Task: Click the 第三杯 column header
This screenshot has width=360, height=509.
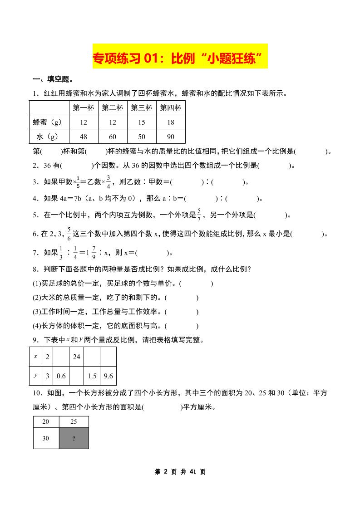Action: coord(142,108)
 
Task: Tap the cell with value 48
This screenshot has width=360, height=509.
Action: coord(84,137)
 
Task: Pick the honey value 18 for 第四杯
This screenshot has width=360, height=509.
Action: coord(171,122)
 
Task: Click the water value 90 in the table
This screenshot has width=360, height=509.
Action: coord(171,137)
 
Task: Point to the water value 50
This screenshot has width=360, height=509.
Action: coord(142,137)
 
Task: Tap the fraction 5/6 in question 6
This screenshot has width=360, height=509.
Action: coord(69,233)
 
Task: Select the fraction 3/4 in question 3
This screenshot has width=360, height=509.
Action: coord(108,181)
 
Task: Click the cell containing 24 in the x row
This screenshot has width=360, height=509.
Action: coord(76,357)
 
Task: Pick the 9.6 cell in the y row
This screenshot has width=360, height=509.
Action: coord(108,376)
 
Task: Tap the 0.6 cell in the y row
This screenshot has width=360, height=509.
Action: coord(61,376)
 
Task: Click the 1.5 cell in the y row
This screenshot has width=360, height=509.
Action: coord(92,376)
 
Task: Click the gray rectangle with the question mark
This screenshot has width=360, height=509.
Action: coord(74,438)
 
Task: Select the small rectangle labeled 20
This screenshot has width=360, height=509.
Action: coord(46,422)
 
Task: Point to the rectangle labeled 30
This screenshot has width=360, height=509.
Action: coord(46,438)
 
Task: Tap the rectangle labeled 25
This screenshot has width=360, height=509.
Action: coord(74,422)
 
